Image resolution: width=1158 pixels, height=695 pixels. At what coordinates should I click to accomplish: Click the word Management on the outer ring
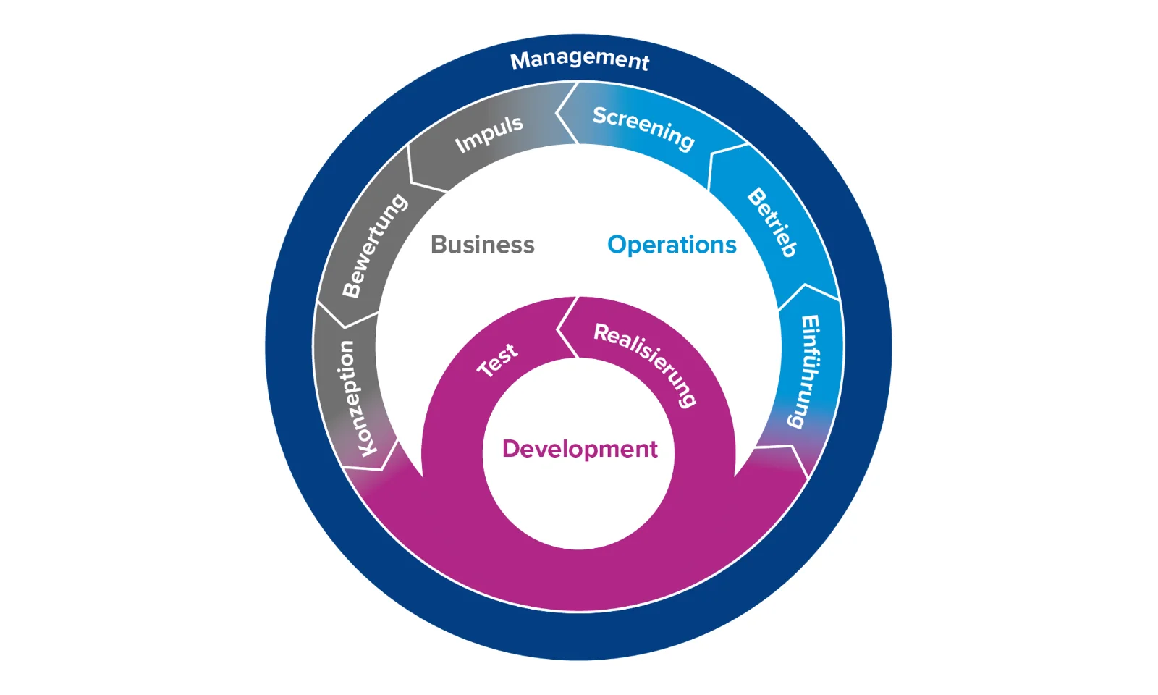pyautogui.click(x=579, y=59)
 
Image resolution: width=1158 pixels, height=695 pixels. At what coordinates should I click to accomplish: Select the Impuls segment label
pyautogui.click(x=489, y=134)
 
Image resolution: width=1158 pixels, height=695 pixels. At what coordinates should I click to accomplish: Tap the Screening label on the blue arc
pyautogui.click(x=643, y=127)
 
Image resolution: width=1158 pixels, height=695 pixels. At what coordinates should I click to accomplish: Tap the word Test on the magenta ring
pyautogui.click(x=497, y=359)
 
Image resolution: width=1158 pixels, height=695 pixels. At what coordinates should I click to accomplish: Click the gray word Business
pyautogui.click(x=482, y=245)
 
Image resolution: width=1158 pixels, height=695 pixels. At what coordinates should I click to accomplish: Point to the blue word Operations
pyautogui.click(x=672, y=245)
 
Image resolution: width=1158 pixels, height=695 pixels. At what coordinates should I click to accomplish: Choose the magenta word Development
pyautogui.click(x=580, y=449)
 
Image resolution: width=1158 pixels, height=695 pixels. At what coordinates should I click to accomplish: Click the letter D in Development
pyautogui.click(x=512, y=449)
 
